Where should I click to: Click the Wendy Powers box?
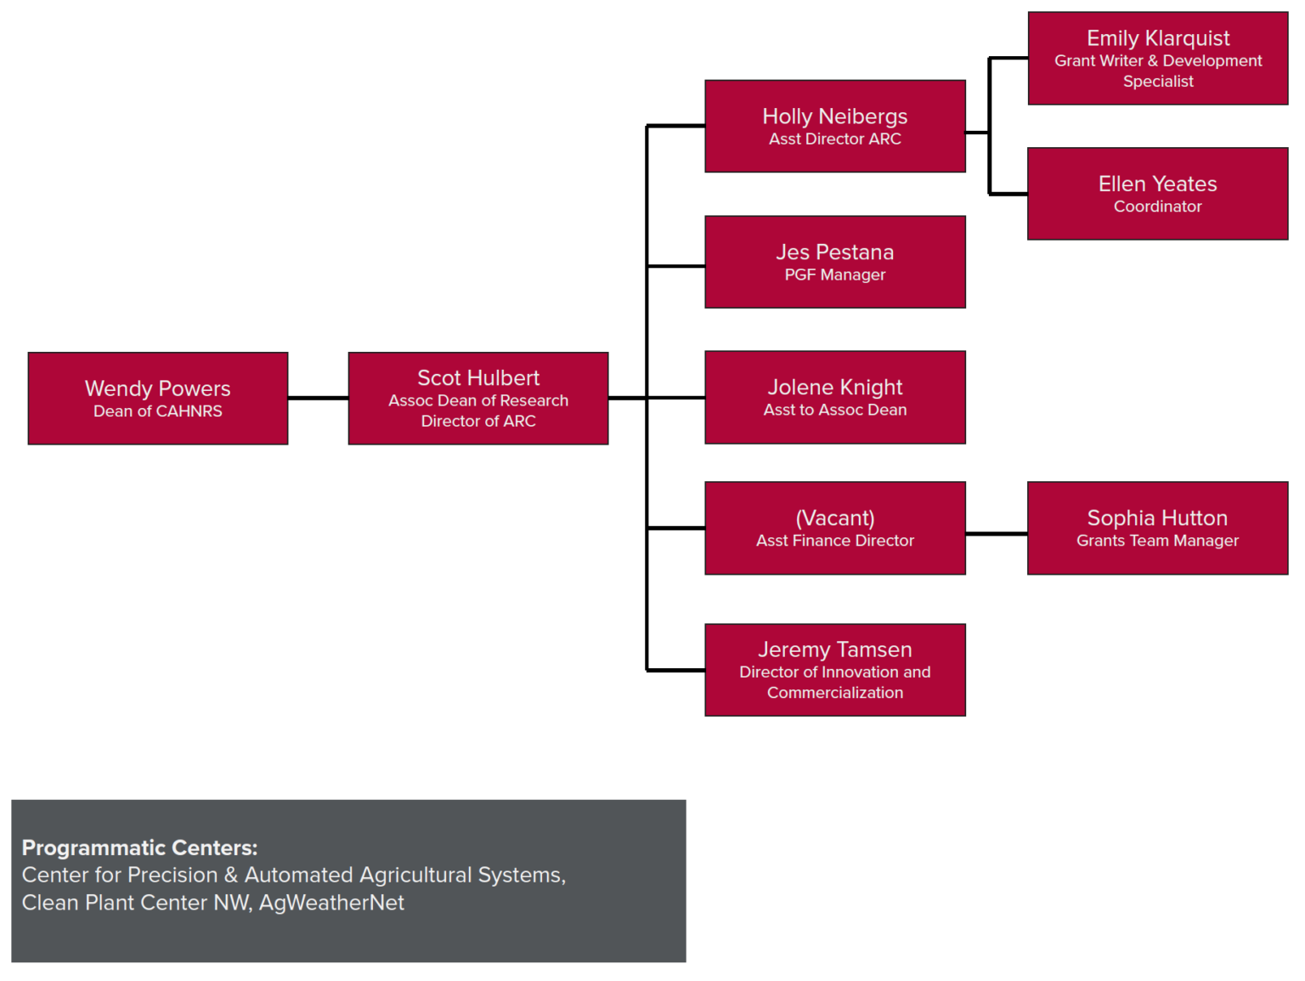[158, 398]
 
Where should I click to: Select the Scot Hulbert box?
[478, 398]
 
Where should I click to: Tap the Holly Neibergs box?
[835, 126]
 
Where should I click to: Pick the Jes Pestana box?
[835, 262]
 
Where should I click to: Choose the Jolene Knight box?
[835, 397]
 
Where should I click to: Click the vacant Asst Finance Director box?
[835, 528]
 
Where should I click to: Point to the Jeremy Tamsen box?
[835, 670]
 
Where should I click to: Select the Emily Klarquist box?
[1158, 58]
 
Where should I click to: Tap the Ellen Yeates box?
[1158, 194]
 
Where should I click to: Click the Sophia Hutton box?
[1158, 528]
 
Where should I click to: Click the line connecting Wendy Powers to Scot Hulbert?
[318, 398]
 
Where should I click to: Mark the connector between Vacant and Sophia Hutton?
[997, 534]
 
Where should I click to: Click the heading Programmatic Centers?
[139, 848]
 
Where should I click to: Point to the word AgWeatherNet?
[331, 903]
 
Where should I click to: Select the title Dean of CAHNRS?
[158, 411]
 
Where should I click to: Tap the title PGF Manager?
[835, 275]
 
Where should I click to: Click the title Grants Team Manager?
[1158, 541]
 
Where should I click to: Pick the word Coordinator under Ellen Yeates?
[1158, 207]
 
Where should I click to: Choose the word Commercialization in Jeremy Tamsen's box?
[835, 693]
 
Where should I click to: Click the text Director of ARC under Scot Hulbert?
[478, 421]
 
